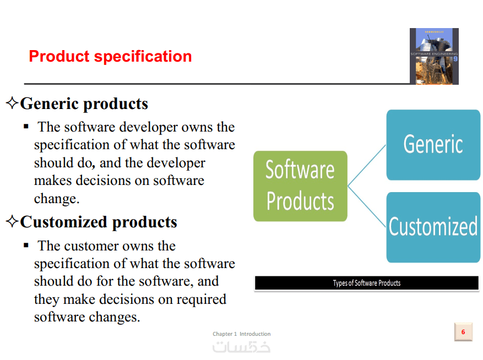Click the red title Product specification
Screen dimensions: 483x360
pos(110,56)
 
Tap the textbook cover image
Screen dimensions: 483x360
pos(434,56)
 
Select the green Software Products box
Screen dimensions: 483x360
pos(300,186)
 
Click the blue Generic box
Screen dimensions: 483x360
pos(433,145)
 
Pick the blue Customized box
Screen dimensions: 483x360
pos(433,227)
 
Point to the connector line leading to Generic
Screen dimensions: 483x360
pos(367,165)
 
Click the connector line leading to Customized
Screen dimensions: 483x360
pos(367,206)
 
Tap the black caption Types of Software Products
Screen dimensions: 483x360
pos(367,283)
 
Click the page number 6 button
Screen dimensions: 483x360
pos(463,332)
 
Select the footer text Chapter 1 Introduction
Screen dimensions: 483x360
pos(241,334)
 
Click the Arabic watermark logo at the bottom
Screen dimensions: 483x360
pos(241,347)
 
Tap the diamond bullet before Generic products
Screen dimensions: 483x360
pos(12,103)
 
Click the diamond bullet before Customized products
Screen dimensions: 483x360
pos(12,221)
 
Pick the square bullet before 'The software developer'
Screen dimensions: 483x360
pos(26,126)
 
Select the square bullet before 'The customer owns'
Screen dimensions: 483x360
pos(26,245)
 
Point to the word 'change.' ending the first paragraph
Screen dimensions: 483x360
pos(57,199)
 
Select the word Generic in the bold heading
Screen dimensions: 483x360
pos(49,103)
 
